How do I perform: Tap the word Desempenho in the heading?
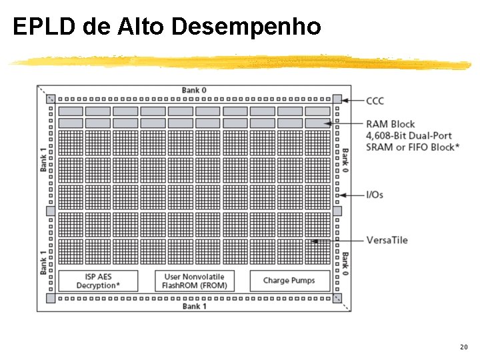coord(246,27)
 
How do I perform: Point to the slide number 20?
coord(463,347)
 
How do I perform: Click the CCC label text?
coord(375,101)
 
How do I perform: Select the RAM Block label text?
coord(390,124)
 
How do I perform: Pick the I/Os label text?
coord(375,195)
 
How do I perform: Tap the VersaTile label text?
coord(387,240)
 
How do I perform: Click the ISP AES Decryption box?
coord(98,281)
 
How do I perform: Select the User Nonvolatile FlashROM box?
coord(194,281)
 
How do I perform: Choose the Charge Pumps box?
coord(290,281)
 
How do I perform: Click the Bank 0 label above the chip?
coord(194,90)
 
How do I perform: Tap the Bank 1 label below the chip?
coord(194,306)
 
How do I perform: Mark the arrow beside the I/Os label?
coord(351,195)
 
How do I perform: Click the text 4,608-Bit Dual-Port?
coord(409,135)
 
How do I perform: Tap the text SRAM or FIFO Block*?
coord(412,147)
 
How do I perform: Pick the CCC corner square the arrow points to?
coord(337,99)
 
